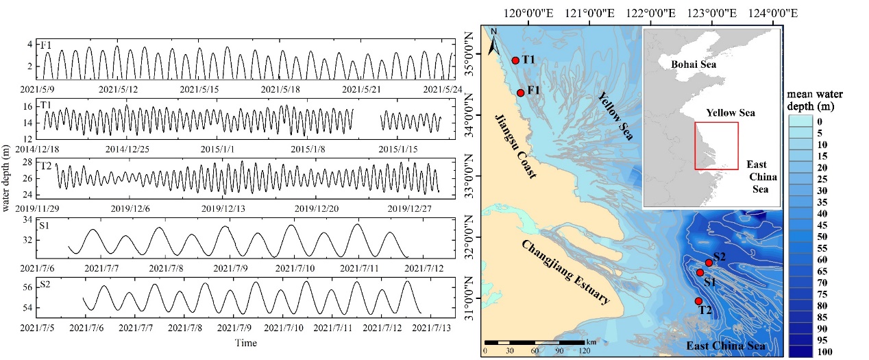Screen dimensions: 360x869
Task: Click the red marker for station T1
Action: (x=515, y=60)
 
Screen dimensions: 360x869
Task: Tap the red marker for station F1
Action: (x=521, y=93)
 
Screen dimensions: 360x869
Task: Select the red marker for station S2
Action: (x=709, y=263)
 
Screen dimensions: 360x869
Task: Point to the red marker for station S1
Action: (x=700, y=273)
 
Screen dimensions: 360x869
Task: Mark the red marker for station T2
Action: (x=698, y=301)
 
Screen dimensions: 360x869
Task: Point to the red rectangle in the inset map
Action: (x=715, y=145)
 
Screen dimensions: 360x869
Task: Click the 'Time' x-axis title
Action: (x=245, y=342)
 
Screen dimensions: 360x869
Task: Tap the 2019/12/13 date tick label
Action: (x=227, y=208)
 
